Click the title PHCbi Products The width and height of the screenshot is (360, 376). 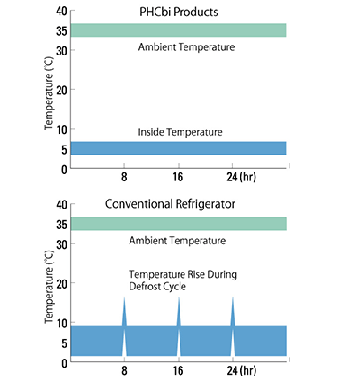pos(179,11)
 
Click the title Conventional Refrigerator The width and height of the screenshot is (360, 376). pos(170,204)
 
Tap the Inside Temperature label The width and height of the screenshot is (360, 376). pos(180,132)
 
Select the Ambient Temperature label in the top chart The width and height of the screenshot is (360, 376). pos(186,48)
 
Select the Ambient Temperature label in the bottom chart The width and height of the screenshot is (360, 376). pos(178,241)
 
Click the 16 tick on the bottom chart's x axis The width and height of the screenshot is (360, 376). pos(179,370)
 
